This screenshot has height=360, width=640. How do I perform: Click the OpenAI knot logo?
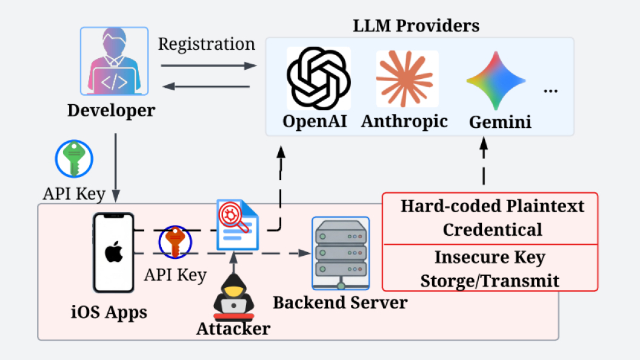319,78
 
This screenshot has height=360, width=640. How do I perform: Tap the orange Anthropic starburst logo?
404,78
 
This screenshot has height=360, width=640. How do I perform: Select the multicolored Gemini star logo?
496,81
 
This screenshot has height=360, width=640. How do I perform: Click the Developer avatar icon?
115,61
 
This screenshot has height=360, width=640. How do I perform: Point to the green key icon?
75,159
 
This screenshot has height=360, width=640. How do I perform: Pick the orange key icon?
175,242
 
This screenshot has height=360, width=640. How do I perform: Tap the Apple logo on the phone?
114,252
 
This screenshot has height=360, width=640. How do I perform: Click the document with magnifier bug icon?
238,224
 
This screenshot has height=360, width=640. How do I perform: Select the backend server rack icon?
341,253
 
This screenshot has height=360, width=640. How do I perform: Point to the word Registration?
207,44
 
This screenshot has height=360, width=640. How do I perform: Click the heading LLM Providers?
416,25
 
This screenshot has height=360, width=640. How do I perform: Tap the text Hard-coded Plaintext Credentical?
492,218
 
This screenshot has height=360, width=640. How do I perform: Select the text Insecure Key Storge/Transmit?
490,269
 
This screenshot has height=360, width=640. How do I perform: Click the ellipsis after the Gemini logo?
551,91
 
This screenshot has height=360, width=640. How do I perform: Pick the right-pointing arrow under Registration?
209,65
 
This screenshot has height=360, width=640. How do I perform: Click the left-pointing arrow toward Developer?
205,87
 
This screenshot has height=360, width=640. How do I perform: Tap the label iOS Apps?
109,313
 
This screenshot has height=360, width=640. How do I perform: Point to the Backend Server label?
340,303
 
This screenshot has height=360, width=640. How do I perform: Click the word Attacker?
233,328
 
